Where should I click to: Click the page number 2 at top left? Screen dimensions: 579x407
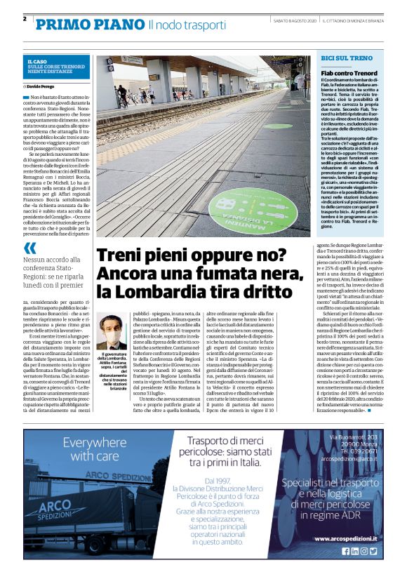pos(25,18)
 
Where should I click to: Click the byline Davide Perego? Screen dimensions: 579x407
pos(44,86)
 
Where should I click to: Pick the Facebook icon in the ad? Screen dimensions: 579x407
pos(345,552)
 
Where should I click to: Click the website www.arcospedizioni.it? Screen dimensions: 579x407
pos(347,538)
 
